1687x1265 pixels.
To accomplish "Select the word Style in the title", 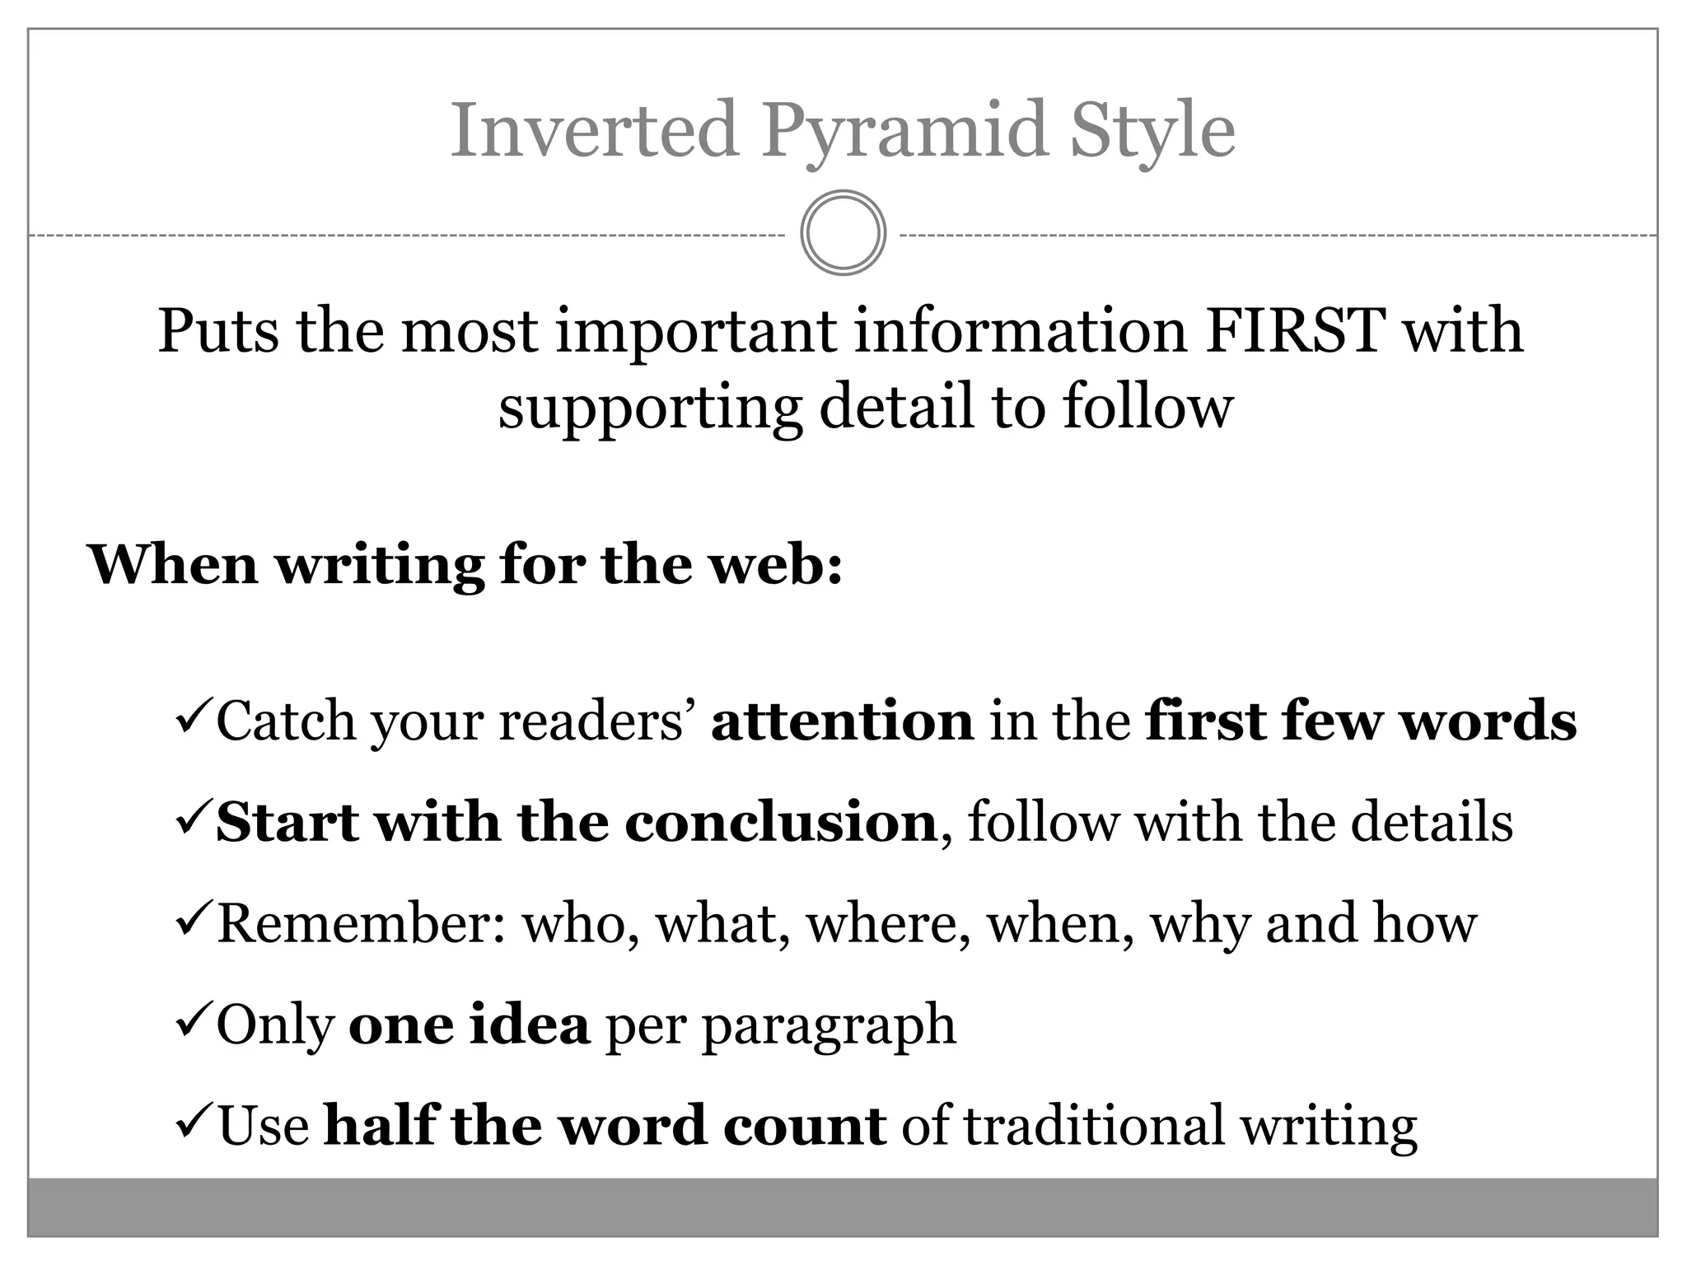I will pyautogui.click(x=1152, y=132).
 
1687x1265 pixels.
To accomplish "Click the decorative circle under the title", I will pyautogui.click(x=843, y=233).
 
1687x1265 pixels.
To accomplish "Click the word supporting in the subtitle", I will pyautogui.click(x=650, y=408).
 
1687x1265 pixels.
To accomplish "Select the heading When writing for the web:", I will pyautogui.click(x=465, y=566).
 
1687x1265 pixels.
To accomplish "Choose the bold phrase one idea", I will pyautogui.click(x=469, y=1025).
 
